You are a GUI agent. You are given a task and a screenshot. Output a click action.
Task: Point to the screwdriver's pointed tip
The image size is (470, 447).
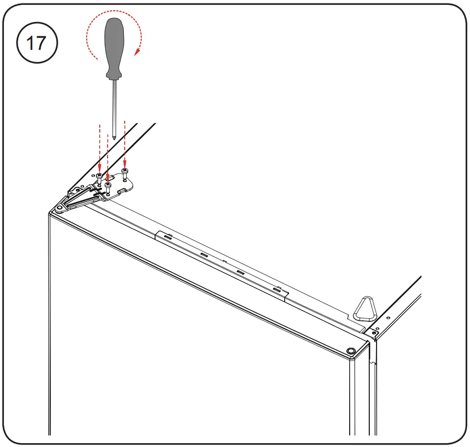coord(113,138)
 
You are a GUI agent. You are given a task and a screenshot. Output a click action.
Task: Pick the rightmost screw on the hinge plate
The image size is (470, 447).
coord(125,172)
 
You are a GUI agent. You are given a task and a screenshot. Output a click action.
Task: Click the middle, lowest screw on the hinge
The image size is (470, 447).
coord(108,186)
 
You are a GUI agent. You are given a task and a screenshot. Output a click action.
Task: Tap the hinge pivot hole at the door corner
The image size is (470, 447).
coord(59,208)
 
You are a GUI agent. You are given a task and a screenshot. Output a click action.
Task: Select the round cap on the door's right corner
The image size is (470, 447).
coord(351,351)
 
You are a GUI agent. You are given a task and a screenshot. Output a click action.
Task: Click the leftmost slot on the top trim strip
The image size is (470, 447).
coord(168,236)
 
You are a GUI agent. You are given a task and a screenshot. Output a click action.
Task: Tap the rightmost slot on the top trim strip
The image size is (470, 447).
coord(277,290)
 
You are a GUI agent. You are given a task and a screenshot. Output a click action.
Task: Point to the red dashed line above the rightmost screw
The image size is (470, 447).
coord(125,142)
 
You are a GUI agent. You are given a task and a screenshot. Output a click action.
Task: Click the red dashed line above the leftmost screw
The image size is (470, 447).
coord(99,147)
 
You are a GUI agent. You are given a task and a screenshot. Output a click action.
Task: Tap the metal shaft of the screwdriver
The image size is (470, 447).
coord(113,105)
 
